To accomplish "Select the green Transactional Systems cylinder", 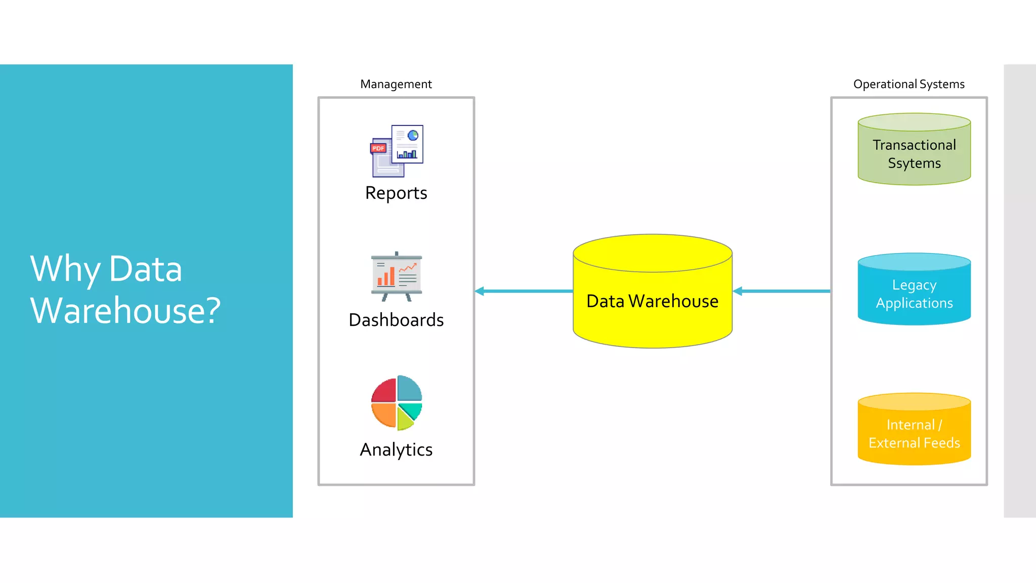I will pyautogui.click(x=914, y=152).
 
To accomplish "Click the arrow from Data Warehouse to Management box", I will pyautogui.click(x=524, y=291).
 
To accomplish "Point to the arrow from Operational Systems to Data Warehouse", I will pyautogui.click(x=782, y=291).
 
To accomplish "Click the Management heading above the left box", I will pyautogui.click(x=396, y=84).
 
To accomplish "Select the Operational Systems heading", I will pyautogui.click(x=909, y=84).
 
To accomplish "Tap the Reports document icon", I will pyautogui.click(x=398, y=151).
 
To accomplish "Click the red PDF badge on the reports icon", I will pyautogui.click(x=378, y=148).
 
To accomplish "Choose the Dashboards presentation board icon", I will pyautogui.click(x=396, y=276).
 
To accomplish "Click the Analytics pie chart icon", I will pyautogui.click(x=397, y=403).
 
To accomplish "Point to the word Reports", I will pyautogui.click(x=396, y=193).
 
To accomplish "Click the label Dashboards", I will pyautogui.click(x=396, y=320).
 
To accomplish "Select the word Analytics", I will pyautogui.click(x=396, y=449).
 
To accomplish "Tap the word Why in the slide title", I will pyautogui.click(x=65, y=269).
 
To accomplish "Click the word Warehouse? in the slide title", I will pyautogui.click(x=125, y=310).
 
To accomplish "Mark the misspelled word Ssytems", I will pyautogui.click(x=914, y=163).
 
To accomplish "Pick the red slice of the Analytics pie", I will pyautogui.click(x=384, y=390).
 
